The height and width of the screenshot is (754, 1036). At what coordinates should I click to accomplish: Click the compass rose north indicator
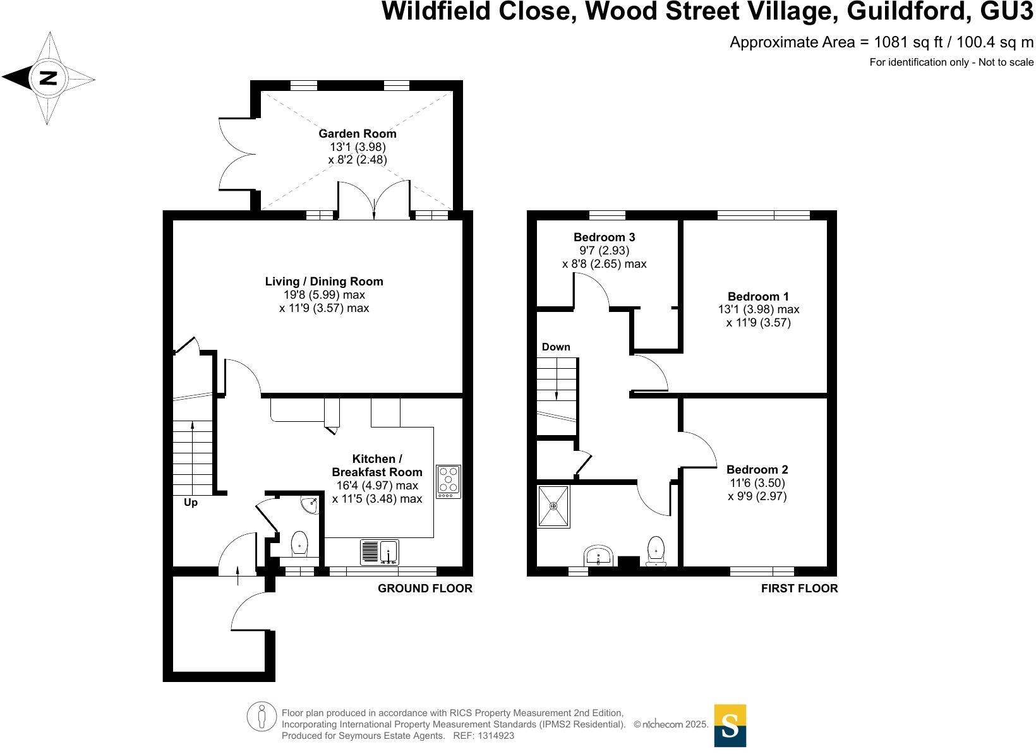(48, 78)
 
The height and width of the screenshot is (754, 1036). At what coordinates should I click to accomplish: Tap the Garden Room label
(357, 133)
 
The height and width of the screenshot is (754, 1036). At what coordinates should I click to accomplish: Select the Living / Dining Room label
(324, 282)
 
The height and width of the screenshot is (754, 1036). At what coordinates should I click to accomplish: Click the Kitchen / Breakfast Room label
(377, 465)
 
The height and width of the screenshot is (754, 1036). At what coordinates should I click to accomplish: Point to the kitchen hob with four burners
(449, 481)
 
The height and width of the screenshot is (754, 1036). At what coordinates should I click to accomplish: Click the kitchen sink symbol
(379, 552)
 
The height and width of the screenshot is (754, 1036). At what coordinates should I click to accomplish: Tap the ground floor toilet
(299, 544)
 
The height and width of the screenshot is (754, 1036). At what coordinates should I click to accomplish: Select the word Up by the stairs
(190, 503)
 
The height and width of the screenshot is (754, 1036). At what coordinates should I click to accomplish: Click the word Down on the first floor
(556, 347)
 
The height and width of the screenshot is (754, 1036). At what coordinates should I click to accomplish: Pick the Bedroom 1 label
(758, 296)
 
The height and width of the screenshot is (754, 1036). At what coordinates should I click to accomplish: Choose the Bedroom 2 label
(757, 469)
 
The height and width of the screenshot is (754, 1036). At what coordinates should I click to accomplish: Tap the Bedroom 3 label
(604, 237)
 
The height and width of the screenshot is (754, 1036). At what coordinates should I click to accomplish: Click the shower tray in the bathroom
(553, 506)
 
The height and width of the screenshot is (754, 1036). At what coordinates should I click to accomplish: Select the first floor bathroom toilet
(656, 550)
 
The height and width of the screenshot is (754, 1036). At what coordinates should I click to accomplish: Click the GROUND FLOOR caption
(425, 589)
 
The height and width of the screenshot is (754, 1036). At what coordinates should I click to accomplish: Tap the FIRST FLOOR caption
(799, 589)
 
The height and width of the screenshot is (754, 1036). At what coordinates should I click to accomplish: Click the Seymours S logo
(730, 725)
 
